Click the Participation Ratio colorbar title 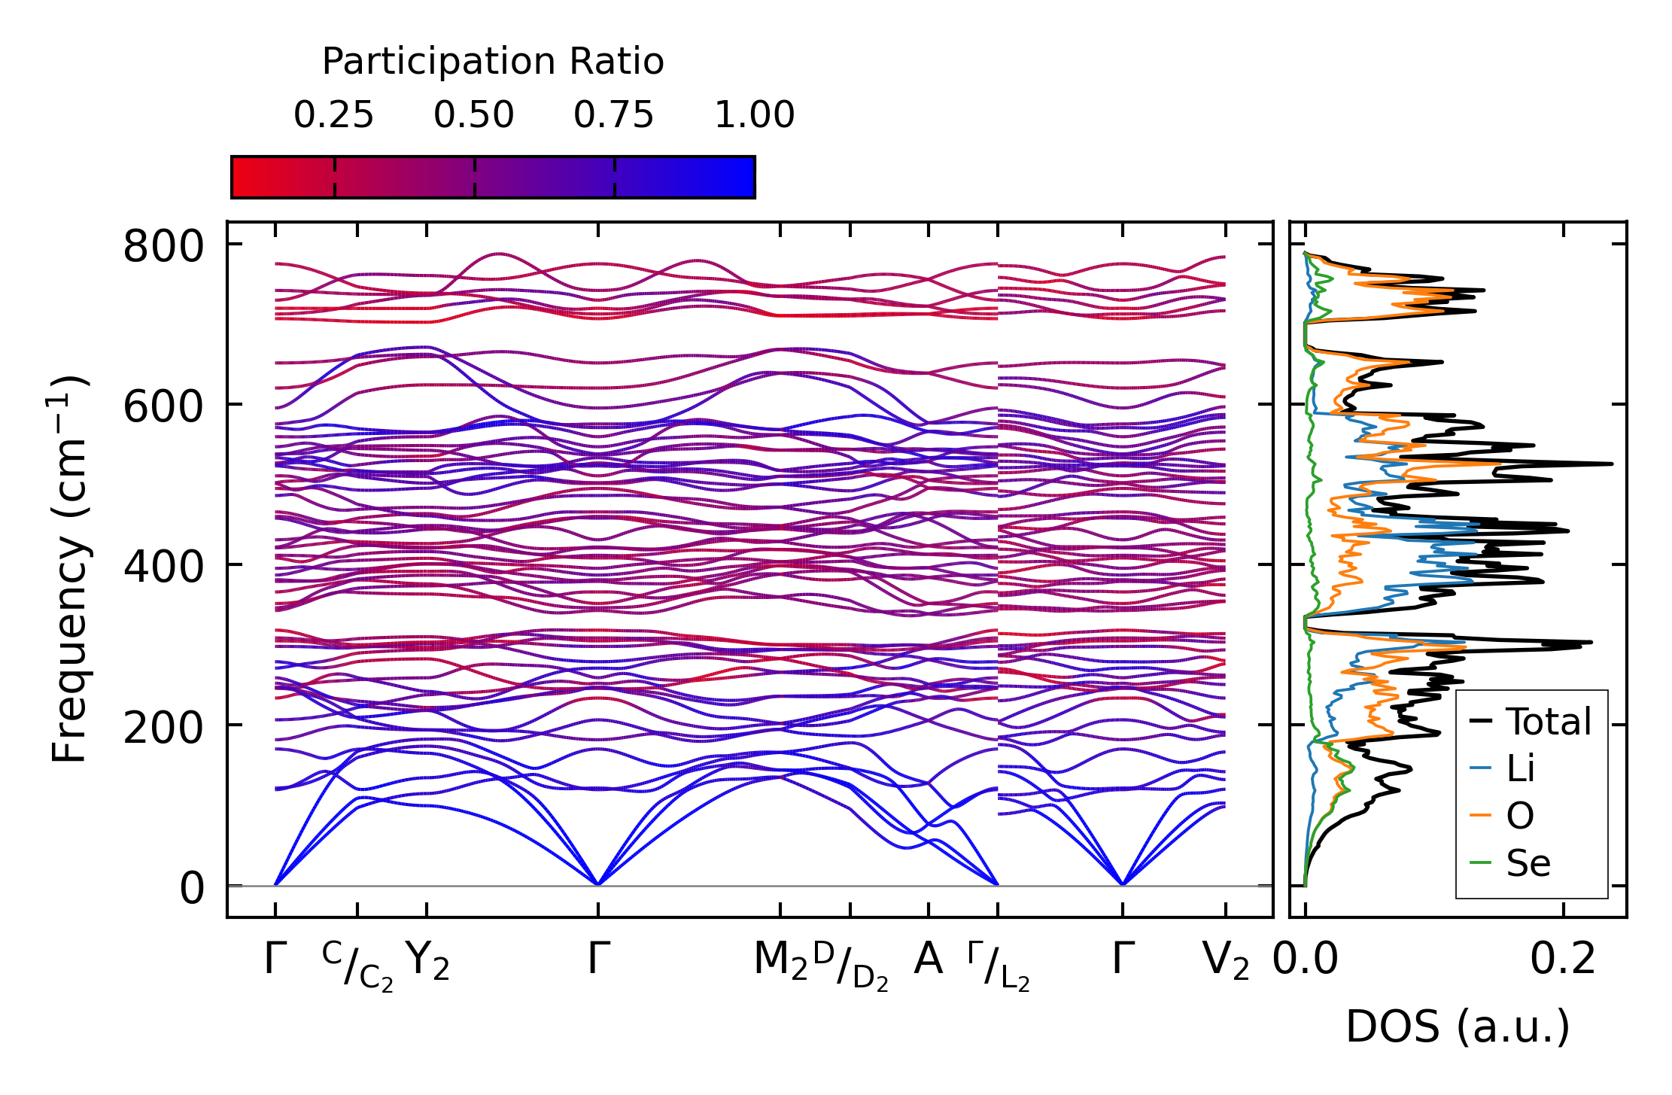[493, 61]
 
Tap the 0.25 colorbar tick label [333, 115]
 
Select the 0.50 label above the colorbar [473, 115]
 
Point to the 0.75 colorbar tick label [613, 115]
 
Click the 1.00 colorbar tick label [754, 115]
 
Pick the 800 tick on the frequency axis [163, 246]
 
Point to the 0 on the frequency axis [192, 888]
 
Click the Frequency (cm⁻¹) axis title [69, 568]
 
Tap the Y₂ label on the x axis [427, 960]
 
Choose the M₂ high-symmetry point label [780, 960]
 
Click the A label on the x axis [928, 960]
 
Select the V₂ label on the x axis [1226, 960]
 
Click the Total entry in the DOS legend [1549, 721]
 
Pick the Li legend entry [1520, 768]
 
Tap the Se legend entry [1528, 862]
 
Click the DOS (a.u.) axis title [1458, 1027]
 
